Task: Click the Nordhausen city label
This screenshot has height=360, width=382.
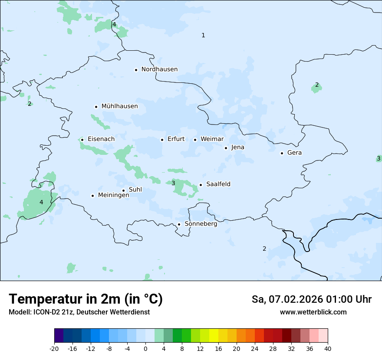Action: (x=159, y=69)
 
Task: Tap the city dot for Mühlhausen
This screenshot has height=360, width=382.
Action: (x=96, y=107)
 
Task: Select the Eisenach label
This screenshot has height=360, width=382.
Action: (x=101, y=139)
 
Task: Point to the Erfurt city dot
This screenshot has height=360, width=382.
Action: (x=162, y=140)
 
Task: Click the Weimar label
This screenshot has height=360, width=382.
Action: (x=212, y=139)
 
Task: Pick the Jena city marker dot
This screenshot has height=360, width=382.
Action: (x=226, y=148)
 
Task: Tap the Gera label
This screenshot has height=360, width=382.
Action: (x=294, y=153)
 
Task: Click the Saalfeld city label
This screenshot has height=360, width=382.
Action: (x=218, y=184)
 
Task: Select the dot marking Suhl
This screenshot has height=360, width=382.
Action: (x=123, y=190)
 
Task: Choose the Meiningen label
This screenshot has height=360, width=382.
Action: (x=114, y=195)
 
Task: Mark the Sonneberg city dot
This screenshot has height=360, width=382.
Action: (x=179, y=224)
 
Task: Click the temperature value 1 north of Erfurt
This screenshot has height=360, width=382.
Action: (x=203, y=35)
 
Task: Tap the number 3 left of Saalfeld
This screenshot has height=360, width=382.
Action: (x=173, y=183)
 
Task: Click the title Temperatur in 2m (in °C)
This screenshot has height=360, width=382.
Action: (x=86, y=299)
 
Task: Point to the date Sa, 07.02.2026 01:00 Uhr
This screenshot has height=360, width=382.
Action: (x=311, y=299)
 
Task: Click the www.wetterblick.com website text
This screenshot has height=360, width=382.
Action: (x=313, y=312)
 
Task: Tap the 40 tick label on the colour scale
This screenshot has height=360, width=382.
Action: (x=328, y=349)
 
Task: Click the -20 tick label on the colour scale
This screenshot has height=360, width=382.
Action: (x=54, y=349)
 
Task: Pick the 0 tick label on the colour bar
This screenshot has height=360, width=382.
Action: (x=145, y=349)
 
